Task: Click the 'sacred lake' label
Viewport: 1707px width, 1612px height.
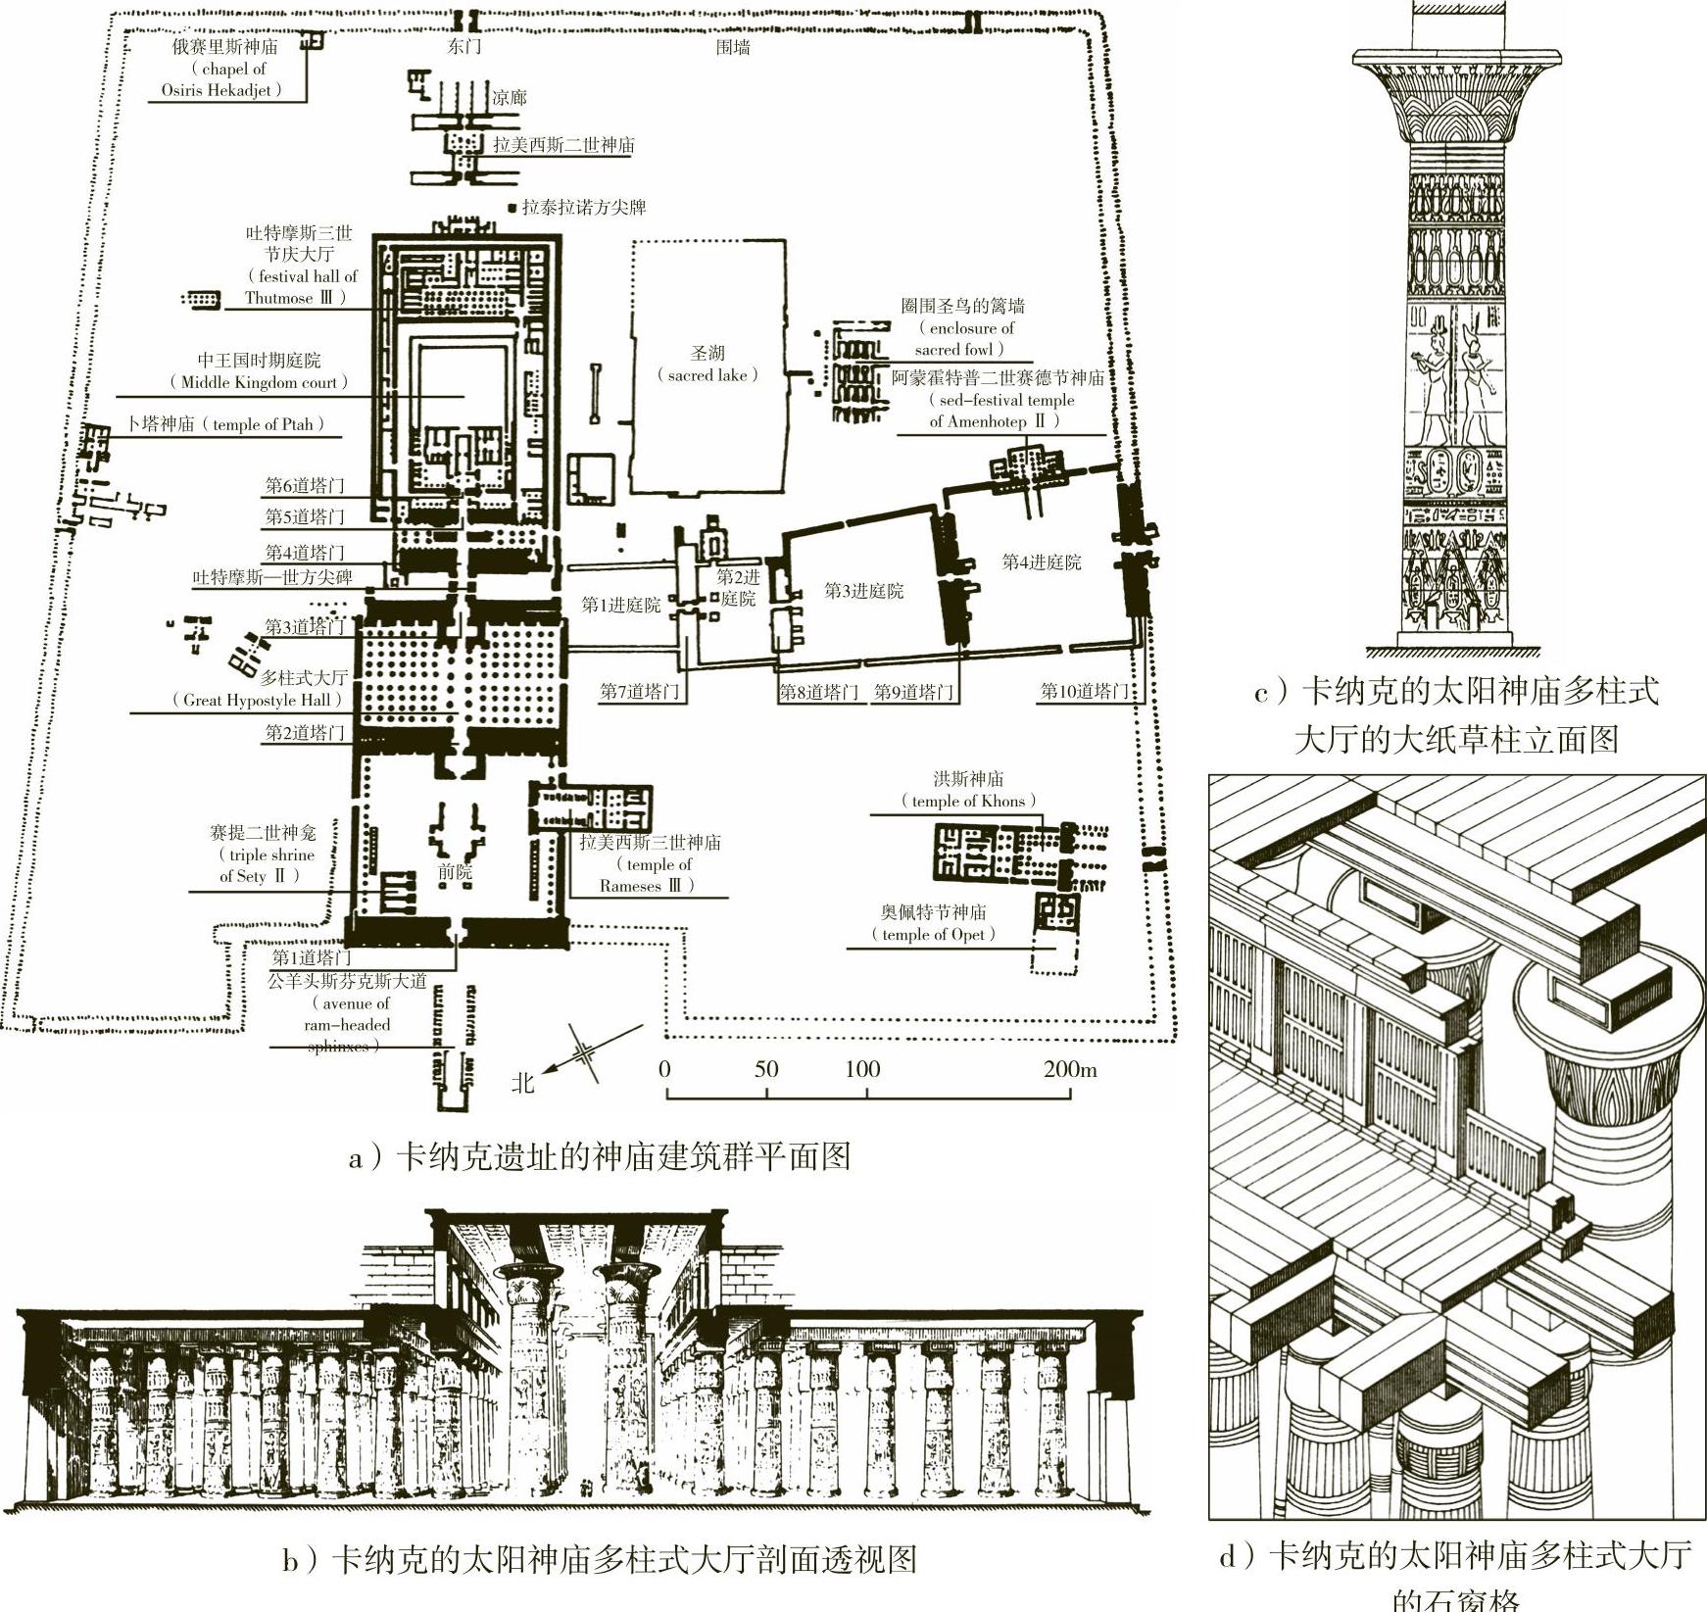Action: tap(707, 375)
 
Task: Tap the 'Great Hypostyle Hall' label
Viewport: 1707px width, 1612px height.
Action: tap(258, 700)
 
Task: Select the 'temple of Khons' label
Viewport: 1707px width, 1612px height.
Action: tap(969, 801)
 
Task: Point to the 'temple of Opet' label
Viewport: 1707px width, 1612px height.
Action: tap(934, 934)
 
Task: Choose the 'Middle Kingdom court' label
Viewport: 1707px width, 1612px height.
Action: tap(259, 382)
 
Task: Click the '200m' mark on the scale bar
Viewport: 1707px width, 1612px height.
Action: tap(1070, 1069)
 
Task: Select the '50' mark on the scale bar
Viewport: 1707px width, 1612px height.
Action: tap(766, 1069)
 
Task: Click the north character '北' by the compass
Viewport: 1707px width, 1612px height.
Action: tap(523, 1082)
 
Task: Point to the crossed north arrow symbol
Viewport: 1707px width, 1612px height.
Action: tap(585, 1052)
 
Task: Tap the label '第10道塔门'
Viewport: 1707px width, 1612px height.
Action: tap(1084, 692)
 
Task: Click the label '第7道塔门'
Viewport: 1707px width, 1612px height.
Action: tap(640, 692)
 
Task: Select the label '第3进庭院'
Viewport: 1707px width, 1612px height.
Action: tap(863, 591)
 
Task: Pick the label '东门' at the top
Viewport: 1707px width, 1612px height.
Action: tap(464, 47)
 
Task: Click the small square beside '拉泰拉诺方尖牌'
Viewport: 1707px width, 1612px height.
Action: tap(512, 208)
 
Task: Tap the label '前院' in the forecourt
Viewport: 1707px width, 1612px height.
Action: tap(455, 871)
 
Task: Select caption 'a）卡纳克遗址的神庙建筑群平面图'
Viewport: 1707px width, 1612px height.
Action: tap(599, 1157)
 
